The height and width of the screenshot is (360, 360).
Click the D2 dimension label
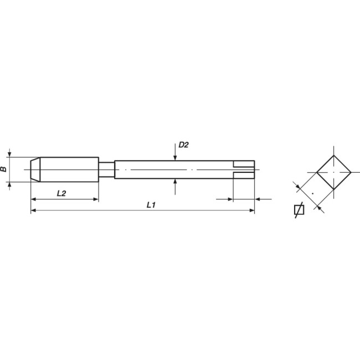coord(183,145)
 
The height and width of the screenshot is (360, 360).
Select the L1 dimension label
coord(150,205)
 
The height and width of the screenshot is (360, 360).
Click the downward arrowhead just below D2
coord(175,157)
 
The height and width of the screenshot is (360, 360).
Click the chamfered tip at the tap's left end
coord(34,169)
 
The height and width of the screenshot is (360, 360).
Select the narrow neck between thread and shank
coord(106,169)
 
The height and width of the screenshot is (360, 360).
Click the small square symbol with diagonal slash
coord(298,210)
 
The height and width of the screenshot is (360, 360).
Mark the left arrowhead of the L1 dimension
coord(33,210)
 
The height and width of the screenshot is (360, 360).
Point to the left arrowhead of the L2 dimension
coord(33,198)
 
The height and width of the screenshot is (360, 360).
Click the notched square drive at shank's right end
coord(244,169)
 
